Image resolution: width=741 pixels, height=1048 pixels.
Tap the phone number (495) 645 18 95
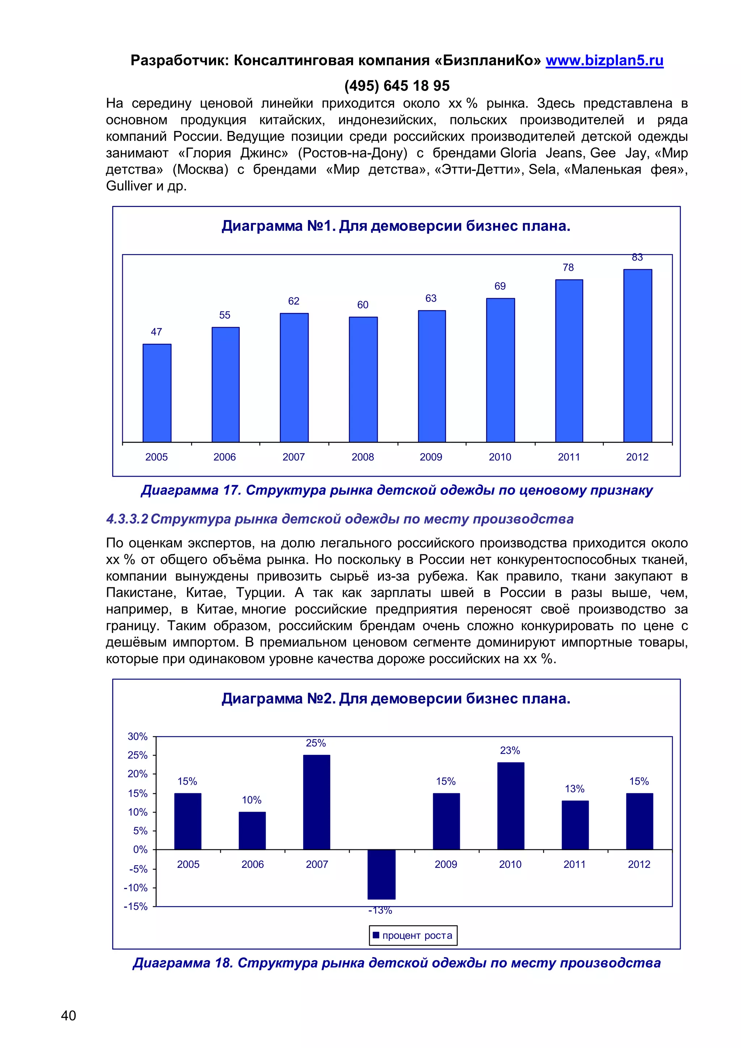397,86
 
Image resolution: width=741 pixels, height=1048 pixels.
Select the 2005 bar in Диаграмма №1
157,393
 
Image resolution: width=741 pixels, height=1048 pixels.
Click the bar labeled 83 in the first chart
638,356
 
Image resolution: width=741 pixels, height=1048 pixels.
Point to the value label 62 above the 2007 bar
293,301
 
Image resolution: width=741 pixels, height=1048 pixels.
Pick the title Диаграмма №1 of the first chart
395,226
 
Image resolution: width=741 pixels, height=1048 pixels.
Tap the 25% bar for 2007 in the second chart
316,802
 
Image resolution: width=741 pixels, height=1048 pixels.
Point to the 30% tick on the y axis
137,736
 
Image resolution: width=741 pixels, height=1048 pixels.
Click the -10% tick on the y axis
136,888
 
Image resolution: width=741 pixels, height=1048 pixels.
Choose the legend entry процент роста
413,935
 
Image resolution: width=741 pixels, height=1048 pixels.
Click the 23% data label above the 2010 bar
510,751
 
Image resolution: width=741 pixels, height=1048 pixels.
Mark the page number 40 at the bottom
68,1015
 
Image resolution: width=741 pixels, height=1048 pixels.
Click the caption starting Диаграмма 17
397,490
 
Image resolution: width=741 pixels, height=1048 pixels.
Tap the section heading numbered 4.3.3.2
339,519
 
